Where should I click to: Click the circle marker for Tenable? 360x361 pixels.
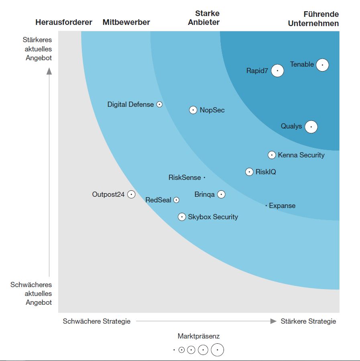point(322,65)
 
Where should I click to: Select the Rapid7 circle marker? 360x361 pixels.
point(277,71)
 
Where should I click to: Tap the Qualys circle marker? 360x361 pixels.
point(311,127)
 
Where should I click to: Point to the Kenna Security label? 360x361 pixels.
point(301,155)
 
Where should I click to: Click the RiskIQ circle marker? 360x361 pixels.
point(249,172)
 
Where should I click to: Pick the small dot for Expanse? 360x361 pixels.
point(266,206)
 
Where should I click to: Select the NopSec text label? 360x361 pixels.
point(212,110)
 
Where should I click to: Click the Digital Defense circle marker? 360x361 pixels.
point(159,104)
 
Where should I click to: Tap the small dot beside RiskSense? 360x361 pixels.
point(204,177)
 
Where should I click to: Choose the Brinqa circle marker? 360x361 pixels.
point(221,194)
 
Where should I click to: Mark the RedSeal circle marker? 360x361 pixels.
point(176,200)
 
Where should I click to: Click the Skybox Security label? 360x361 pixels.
point(213,217)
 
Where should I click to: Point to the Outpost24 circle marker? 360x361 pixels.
point(131,194)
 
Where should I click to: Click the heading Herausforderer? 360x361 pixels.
point(64,22)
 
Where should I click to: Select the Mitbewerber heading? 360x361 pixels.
point(126,22)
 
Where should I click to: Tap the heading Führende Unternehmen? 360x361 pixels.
point(313,19)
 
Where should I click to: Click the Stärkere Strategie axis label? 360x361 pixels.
point(308,321)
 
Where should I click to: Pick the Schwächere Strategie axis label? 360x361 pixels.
point(97,321)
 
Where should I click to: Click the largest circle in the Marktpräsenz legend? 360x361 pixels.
point(218,350)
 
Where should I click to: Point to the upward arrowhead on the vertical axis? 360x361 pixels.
point(49,71)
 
